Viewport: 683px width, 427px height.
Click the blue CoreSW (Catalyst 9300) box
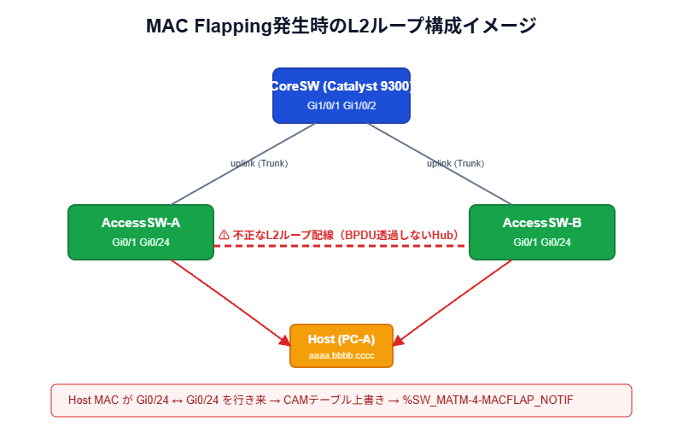pos(341,95)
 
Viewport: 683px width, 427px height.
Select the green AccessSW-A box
pos(141,231)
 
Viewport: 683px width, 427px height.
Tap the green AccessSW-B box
pos(542,231)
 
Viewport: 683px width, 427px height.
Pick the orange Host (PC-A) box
pos(341,345)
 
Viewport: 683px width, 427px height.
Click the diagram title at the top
pos(341,26)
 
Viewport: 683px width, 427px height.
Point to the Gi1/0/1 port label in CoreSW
pos(324,106)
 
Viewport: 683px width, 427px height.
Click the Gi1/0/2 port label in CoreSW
pos(360,106)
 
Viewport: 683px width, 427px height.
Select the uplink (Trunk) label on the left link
pos(259,163)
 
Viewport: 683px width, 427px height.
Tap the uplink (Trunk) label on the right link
pos(455,163)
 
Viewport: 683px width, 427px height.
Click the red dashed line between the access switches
pos(341,246)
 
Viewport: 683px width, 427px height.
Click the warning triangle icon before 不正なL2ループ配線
pos(224,234)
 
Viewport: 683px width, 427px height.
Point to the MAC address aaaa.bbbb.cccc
pos(341,354)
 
